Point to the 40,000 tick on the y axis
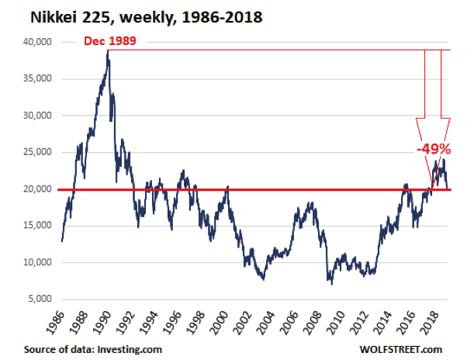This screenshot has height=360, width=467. click(x=36, y=42)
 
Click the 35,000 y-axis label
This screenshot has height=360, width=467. click(x=36, y=78)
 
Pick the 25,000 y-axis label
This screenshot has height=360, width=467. click(x=36, y=152)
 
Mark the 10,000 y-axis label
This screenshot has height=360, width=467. click(x=36, y=262)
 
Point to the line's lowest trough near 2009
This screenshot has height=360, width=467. click(x=332, y=283)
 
